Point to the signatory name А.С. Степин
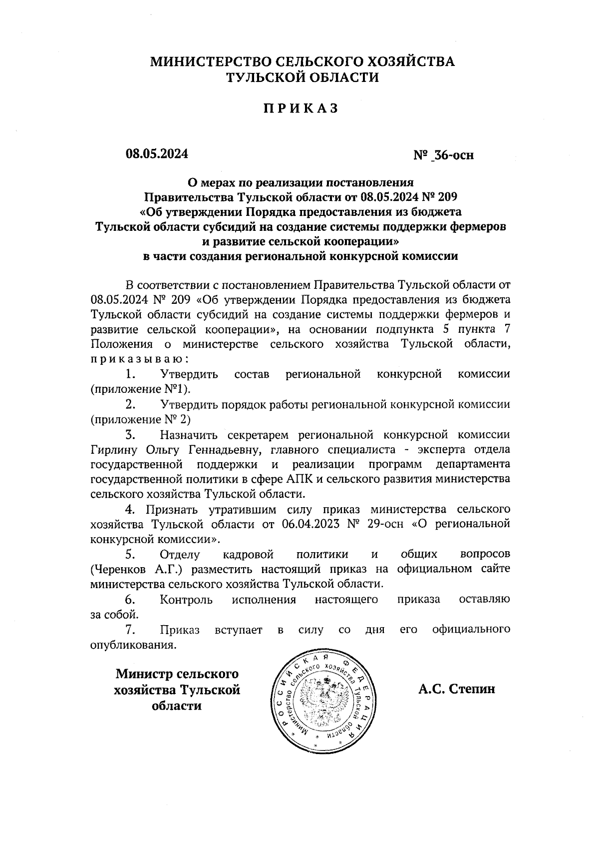click(457, 689)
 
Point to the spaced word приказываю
click(139, 359)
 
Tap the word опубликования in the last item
click(133, 644)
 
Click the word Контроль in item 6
click(186, 599)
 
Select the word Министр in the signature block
click(144, 674)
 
